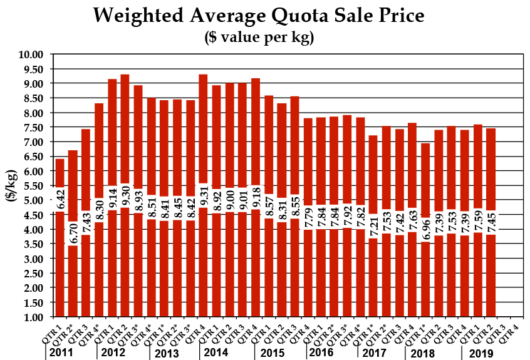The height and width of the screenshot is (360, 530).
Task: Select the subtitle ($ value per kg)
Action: [259, 37]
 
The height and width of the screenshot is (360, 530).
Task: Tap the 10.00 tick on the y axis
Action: [29, 54]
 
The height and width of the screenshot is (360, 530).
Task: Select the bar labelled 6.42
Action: [60, 263]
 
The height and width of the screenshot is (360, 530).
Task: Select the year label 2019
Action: [481, 353]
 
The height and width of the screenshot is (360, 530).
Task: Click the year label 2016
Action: [321, 353]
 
